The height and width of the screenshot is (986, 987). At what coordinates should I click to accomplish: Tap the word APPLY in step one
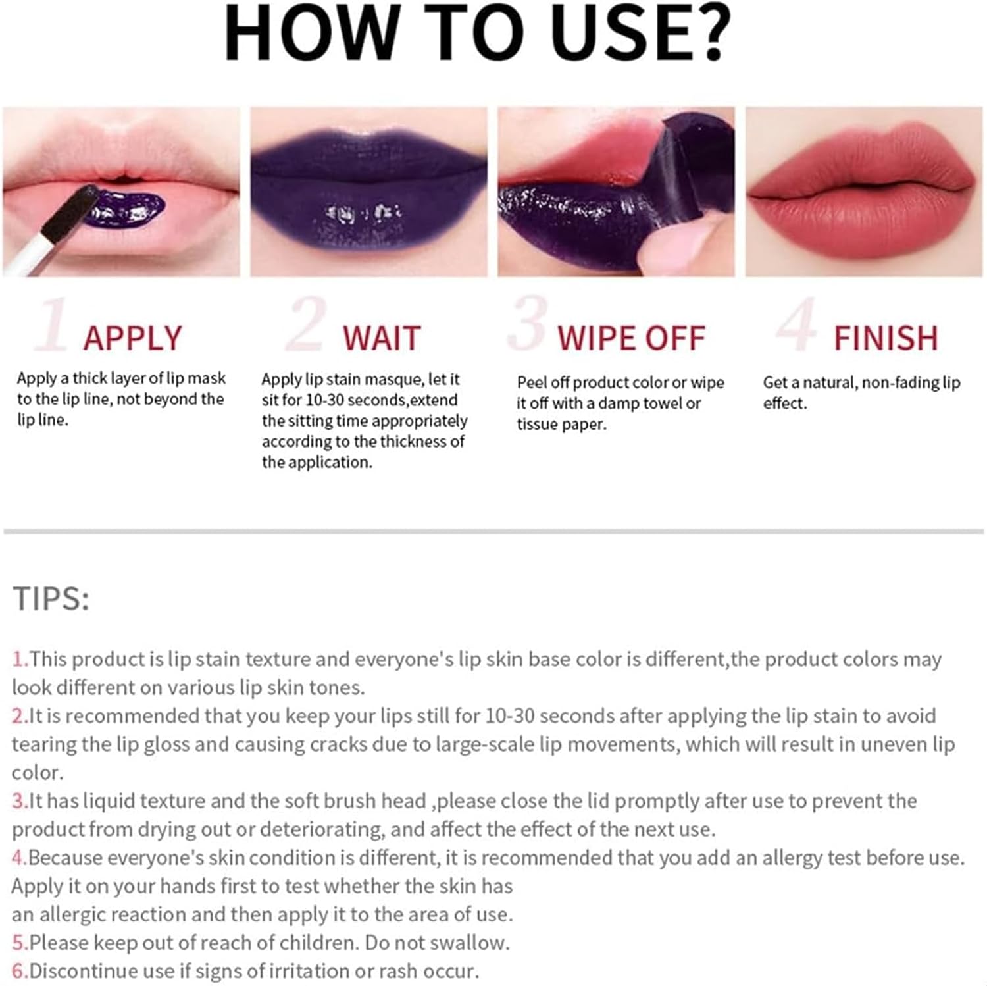point(132,338)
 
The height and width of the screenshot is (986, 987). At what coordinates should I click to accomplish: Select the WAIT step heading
point(382,338)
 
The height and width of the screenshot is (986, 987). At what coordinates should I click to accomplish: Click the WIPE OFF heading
point(631,338)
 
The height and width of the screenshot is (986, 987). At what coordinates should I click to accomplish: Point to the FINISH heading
point(886,338)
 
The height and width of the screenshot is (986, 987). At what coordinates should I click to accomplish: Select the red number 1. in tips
point(20,659)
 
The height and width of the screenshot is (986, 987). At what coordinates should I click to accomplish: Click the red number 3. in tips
point(20,801)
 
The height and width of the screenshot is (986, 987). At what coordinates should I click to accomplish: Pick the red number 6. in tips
point(20,971)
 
